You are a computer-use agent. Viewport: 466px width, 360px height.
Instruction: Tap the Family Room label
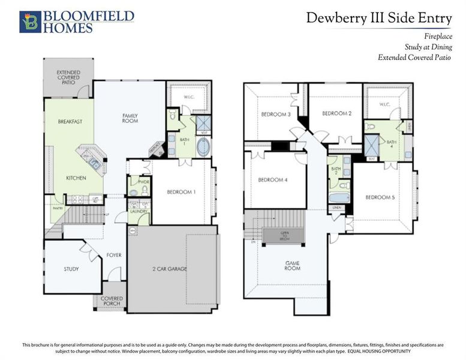tap(130, 118)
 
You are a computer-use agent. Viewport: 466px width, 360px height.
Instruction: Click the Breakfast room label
tap(70, 121)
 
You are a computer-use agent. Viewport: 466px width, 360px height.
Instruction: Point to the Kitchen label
tap(76, 178)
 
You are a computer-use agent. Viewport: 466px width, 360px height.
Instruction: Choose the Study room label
tap(71, 269)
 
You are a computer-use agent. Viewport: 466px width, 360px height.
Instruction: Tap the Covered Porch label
tap(112, 301)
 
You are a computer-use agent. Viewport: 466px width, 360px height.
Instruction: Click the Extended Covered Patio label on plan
tap(68, 78)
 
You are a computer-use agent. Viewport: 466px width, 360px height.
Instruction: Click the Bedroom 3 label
tap(275, 115)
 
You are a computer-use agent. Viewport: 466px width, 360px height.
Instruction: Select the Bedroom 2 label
tap(336, 113)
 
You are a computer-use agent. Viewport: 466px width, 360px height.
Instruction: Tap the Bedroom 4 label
tap(273, 180)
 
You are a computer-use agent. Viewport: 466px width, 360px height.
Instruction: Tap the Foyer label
tap(113, 255)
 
